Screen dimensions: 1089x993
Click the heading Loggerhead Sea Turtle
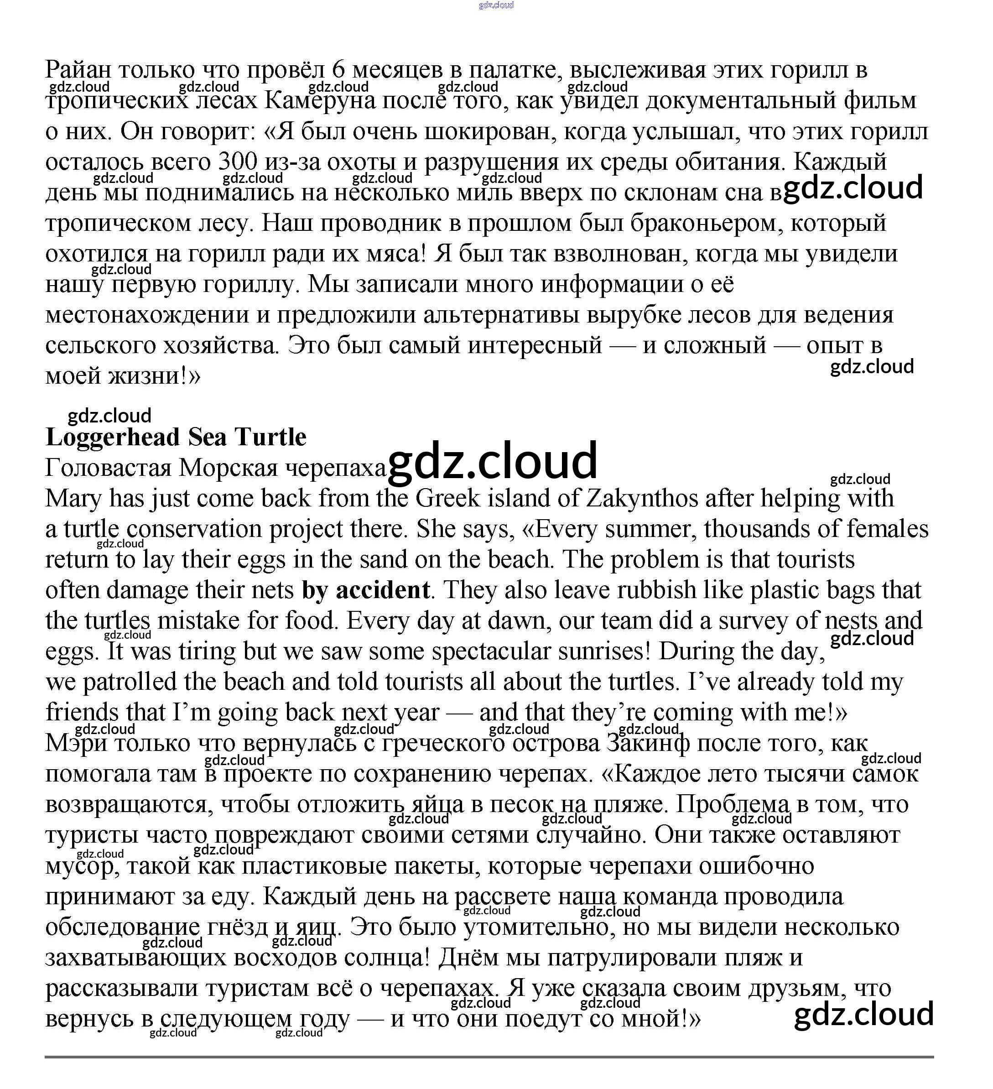176,437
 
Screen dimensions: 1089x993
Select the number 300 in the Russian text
238,162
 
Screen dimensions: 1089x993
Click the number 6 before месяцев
338,70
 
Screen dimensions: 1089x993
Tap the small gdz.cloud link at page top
496,5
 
